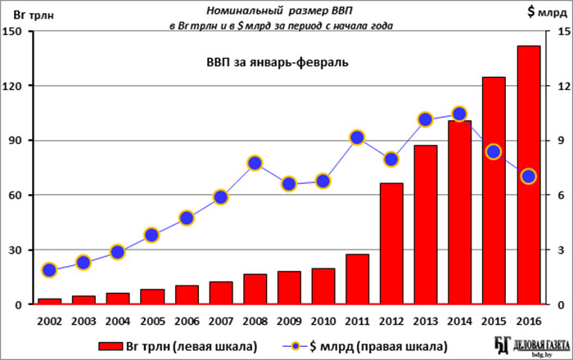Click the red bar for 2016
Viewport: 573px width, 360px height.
pyautogui.click(x=529, y=175)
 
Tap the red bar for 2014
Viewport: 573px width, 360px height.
pyautogui.click(x=460, y=213)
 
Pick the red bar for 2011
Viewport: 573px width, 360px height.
pyautogui.click(x=358, y=279)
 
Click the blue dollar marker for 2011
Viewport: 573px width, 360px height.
pyautogui.click(x=357, y=137)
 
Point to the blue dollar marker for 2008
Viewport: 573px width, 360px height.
pyautogui.click(x=255, y=163)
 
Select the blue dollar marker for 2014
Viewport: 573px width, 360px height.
pyautogui.click(x=459, y=114)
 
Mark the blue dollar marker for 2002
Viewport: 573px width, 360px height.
pyautogui.click(x=49, y=270)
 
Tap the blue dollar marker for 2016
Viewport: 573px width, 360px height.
pyautogui.click(x=528, y=176)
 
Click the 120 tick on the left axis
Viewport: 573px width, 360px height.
pyautogui.click(x=22, y=86)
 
